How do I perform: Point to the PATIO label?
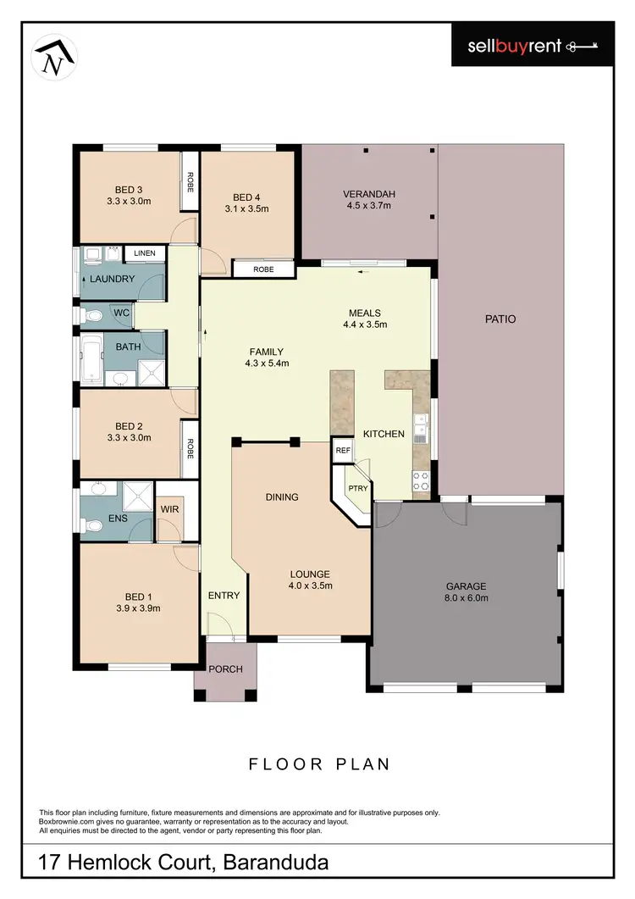tap(500, 319)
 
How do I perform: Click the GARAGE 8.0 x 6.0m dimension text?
tap(467, 597)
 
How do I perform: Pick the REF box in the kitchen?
tap(343, 451)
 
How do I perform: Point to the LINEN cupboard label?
tap(145, 253)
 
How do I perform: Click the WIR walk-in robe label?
tap(169, 509)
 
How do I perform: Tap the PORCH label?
tap(226, 669)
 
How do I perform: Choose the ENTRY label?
tap(224, 596)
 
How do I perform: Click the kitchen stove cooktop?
tap(420, 481)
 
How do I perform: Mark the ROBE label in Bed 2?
tap(190, 448)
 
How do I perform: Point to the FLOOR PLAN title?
tap(319, 764)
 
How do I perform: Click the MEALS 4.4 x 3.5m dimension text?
tap(365, 325)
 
